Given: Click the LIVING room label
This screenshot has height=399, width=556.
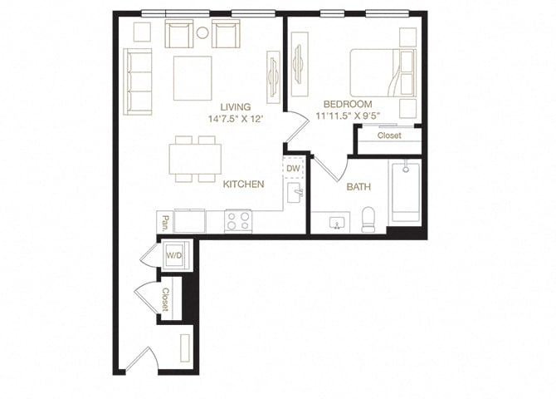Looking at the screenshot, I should coord(237,107).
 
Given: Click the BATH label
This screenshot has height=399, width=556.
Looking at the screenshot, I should coord(359,187).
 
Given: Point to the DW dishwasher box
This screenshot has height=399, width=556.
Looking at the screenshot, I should coord(293,169).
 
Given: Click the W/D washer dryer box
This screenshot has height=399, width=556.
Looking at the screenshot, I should coord(176,254).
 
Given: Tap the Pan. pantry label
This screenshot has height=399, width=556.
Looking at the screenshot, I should coord(166,223).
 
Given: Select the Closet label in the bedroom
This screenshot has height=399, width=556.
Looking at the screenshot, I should coord(389,135).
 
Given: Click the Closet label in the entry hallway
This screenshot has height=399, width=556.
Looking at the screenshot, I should coord(166,298).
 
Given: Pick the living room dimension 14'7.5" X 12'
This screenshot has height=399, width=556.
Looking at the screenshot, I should coord(237,120).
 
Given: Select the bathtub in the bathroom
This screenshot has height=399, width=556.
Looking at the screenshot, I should coord(406,192).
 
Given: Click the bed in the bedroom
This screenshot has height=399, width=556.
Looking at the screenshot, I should coord(381,73).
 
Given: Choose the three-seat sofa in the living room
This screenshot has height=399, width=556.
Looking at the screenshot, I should coord(138,81).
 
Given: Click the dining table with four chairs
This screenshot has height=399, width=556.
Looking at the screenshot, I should coord(196,159).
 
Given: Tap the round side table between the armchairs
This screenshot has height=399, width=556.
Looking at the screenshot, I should coord(202,33).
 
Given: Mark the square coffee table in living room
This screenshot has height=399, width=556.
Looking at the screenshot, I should coord(192,78).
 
